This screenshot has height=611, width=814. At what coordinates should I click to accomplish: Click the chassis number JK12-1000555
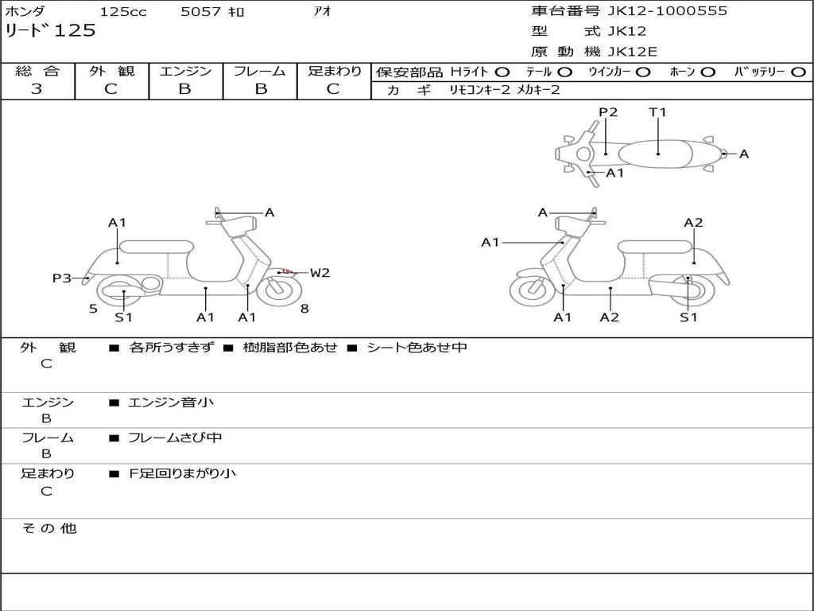point(668,10)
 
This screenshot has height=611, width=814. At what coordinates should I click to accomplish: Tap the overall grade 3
point(37,89)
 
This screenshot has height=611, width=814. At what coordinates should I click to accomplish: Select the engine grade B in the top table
point(184,89)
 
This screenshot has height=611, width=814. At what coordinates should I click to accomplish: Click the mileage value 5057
point(200,11)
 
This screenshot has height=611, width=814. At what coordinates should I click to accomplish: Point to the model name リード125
point(50,30)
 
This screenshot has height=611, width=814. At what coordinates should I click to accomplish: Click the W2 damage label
point(320,272)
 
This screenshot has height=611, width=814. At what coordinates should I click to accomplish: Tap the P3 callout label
point(62,278)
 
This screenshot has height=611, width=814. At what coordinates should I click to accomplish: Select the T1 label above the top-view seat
point(657,111)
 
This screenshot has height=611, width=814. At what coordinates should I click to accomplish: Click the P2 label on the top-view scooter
point(608,111)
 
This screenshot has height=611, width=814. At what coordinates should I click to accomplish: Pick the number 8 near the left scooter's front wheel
point(304,309)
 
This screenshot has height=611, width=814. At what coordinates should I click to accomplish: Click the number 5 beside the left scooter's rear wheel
point(93,309)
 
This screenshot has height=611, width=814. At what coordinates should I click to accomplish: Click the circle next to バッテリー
point(799,72)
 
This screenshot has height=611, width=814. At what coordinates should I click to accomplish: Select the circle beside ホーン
point(707,72)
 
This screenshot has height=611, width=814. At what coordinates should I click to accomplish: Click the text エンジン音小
point(170,402)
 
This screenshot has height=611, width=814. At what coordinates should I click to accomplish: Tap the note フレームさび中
point(175,438)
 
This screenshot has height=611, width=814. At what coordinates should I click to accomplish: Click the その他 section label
point(49,528)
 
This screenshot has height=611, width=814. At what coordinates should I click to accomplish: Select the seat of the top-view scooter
point(656,154)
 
